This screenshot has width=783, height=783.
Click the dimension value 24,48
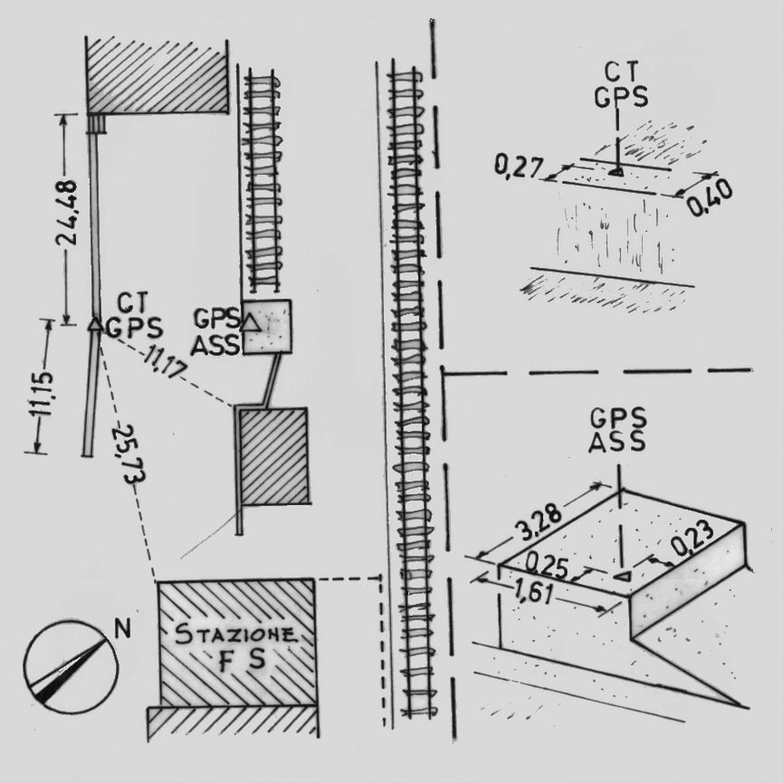pyautogui.click(x=66, y=213)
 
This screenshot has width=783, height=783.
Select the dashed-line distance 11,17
pyautogui.click(x=165, y=365)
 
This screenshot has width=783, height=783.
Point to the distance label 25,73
pyautogui.click(x=129, y=454)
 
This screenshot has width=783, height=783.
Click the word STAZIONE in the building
pyautogui.click(x=235, y=635)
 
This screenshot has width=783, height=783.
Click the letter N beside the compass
pyautogui.click(x=122, y=629)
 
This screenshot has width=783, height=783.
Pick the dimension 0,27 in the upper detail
pyautogui.click(x=518, y=167)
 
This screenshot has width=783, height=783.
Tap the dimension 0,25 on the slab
pyautogui.click(x=548, y=567)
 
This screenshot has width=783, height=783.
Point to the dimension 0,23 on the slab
pyautogui.click(x=692, y=538)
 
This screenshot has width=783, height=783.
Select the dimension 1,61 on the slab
pyautogui.click(x=534, y=593)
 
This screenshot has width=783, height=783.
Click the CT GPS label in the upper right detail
pyautogui.click(x=621, y=85)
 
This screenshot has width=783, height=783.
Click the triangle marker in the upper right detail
pyautogui.click(x=616, y=172)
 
